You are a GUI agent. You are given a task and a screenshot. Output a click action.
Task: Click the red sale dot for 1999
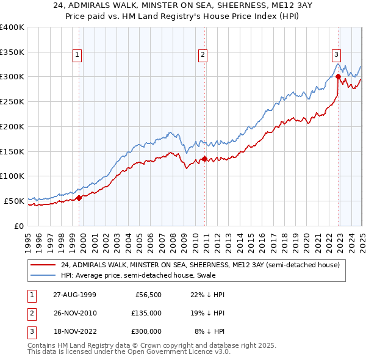click(79, 197)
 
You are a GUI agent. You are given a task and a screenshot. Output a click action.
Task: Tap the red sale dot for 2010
click(204, 159)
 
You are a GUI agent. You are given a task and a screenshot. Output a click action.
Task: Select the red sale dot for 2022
click(338, 77)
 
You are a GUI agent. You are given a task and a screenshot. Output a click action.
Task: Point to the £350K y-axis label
click(12, 52)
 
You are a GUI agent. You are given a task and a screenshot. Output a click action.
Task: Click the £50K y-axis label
click(14, 201)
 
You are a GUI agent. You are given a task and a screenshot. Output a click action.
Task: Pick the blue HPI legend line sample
click(43, 275)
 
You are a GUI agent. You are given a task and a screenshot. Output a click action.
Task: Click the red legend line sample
click(43, 265)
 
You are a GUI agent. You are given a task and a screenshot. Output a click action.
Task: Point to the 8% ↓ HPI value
click(209, 331)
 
